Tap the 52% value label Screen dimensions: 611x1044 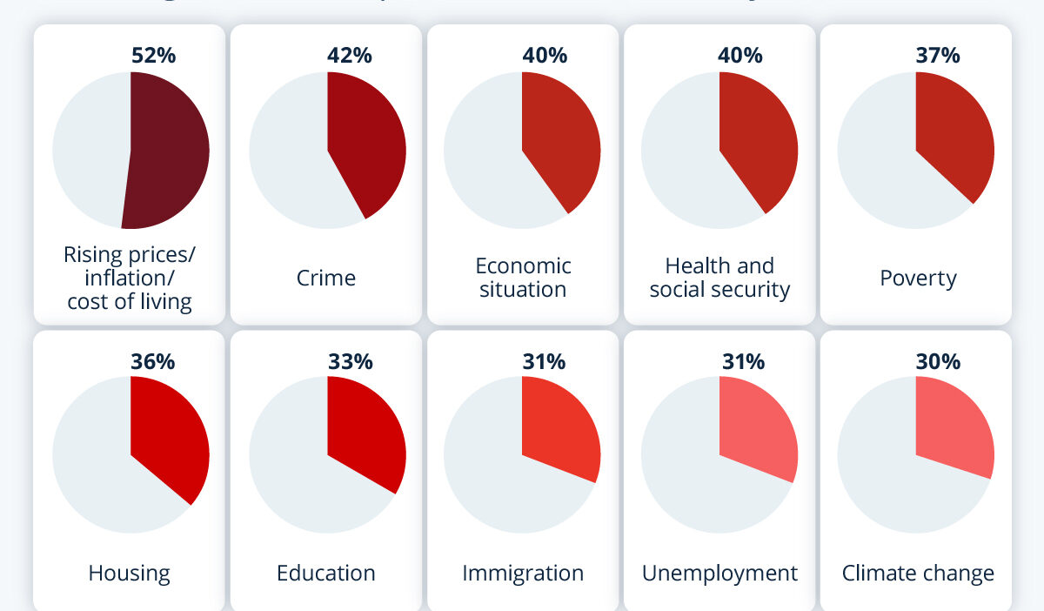[x=153, y=55]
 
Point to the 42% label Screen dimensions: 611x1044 [x=350, y=55]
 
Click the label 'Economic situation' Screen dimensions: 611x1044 [x=523, y=277]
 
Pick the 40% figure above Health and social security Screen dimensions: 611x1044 [x=740, y=55]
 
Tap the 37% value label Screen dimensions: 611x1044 [x=938, y=55]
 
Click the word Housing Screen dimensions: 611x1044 [x=129, y=573]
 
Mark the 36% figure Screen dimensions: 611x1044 [x=153, y=360]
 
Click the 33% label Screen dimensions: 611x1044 [x=351, y=360]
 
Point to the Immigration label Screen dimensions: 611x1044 [x=523, y=573]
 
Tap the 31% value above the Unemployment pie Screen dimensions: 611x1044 [x=744, y=360]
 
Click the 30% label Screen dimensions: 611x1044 [x=938, y=360]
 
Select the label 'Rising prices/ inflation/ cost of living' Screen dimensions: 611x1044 [x=130, y=278]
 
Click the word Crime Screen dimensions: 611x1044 [x=326, y=278]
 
